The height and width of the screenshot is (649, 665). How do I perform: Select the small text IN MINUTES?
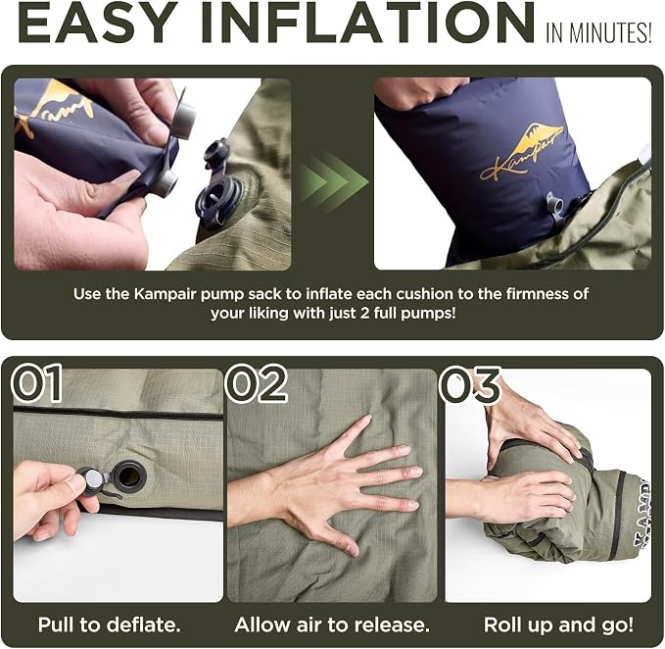[x=598, y=32]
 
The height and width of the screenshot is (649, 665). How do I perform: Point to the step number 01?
[x=37, y=382]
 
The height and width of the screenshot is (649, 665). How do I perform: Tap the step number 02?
[x=257, y=382]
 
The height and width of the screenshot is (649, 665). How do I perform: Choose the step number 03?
[x=469, y=384]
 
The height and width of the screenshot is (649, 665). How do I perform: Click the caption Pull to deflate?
[x=109, y=624]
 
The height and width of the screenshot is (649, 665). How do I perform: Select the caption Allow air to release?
[x=332, y=624]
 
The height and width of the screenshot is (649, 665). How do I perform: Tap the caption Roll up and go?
[x=558, y=624]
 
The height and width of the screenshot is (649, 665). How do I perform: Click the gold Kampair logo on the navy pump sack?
[x=523, y=152]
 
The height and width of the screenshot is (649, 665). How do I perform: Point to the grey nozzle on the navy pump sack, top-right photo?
[x=555, y=207]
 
